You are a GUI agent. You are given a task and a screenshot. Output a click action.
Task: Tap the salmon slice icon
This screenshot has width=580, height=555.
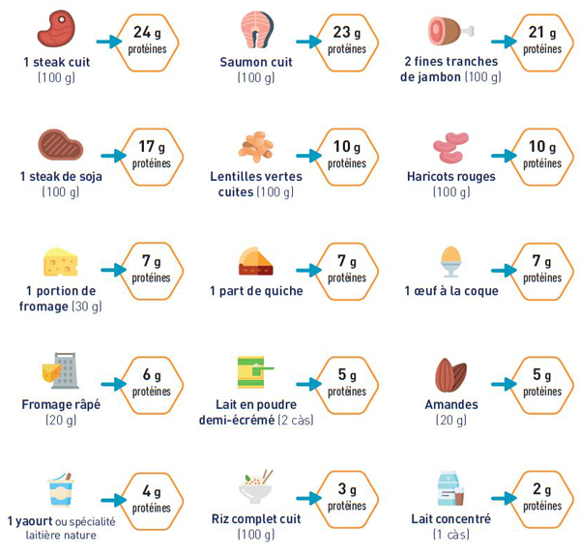256,30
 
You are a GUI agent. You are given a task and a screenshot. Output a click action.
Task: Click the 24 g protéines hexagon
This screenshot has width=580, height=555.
148,41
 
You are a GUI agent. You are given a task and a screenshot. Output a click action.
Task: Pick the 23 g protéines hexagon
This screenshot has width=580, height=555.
346,41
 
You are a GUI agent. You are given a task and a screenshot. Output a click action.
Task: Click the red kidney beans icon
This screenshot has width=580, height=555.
450,147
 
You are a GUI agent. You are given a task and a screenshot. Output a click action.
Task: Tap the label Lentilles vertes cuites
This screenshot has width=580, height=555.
256,184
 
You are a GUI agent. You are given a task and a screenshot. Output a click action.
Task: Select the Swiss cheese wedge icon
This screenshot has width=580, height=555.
60,262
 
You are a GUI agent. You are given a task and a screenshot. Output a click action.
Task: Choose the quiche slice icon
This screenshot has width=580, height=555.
256,262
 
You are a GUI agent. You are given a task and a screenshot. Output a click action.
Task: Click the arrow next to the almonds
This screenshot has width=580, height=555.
505,384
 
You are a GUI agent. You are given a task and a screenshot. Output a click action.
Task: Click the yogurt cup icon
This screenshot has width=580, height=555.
60,489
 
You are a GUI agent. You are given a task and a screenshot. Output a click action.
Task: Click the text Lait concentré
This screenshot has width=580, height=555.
450,518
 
